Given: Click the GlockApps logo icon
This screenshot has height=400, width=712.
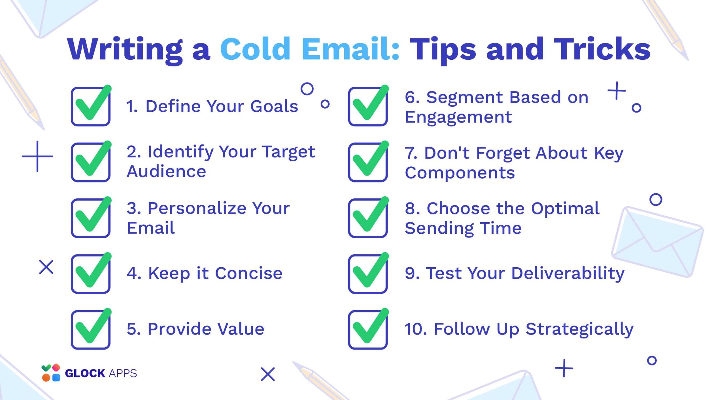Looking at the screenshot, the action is point(51,372).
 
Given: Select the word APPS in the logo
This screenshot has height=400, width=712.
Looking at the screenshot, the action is point(123,373).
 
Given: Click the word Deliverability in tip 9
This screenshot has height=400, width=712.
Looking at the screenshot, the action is point(568,273).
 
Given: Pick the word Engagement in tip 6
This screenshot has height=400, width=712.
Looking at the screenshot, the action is point(458,117).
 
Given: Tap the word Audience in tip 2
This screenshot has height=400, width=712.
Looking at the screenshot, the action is point(166,171).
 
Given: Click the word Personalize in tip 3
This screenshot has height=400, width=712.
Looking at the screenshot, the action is point(197,208).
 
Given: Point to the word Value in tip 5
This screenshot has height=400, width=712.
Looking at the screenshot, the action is point(241,329).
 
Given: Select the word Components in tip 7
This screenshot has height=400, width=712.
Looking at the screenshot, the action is point(460,173).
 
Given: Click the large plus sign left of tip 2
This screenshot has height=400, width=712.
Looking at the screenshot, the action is point(37,156).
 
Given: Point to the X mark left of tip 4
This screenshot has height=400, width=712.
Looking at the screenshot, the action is point(46,267).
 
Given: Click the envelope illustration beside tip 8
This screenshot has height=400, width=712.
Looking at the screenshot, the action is point(657,242).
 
